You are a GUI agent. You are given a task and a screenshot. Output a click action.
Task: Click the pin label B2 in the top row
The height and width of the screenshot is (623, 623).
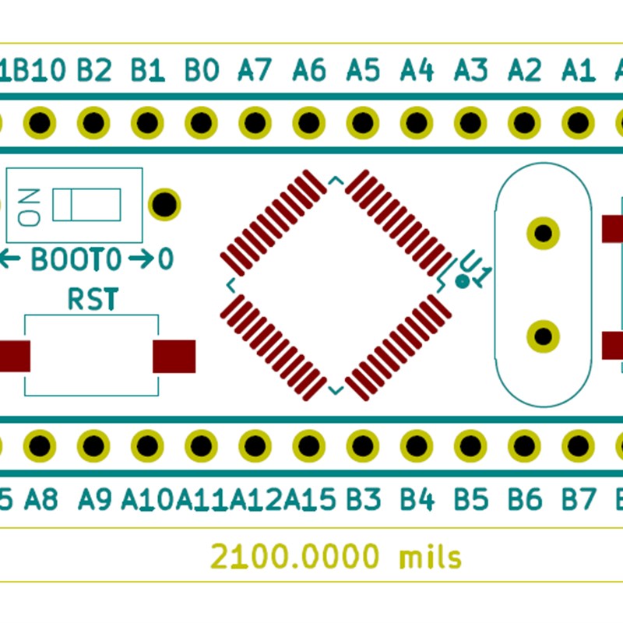[x=94, y=71]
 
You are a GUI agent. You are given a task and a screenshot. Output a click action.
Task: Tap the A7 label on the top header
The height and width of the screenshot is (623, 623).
[x=255, y=71]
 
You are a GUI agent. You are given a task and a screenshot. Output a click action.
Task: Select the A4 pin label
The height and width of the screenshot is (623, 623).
[x=417, y=71]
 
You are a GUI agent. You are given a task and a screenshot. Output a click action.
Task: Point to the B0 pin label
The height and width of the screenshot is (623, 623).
[x=201, y=71]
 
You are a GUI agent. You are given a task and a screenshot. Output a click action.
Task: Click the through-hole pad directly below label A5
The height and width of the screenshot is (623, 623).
[x=362, y=122]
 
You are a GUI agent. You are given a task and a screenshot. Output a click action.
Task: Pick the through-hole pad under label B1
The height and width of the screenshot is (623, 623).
[x=147, y=122]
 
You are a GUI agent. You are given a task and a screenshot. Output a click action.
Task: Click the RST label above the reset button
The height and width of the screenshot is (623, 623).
[x=93, y=299]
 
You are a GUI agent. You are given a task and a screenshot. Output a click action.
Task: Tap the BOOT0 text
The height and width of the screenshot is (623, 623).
[x=76, y=259]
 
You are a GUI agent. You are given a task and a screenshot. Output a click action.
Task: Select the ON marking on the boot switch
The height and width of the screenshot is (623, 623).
[x=30, y=206]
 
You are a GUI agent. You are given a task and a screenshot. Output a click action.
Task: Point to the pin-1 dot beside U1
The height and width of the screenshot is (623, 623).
[x=462, y=282]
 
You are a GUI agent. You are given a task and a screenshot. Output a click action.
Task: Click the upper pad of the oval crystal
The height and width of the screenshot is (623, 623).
[x=543, y=232]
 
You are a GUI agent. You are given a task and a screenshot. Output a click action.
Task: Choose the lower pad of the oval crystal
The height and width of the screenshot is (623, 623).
[x=543, y=336]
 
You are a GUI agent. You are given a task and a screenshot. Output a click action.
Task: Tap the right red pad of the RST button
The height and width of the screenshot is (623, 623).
[x=174, y=356]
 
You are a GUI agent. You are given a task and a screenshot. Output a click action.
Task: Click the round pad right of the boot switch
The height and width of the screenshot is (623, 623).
[x=164, y=203]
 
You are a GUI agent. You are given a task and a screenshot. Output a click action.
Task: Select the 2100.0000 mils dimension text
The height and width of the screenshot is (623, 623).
[x=336, y=558]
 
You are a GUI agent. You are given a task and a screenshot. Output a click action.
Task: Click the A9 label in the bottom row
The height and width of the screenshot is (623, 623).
[x=96, y=498]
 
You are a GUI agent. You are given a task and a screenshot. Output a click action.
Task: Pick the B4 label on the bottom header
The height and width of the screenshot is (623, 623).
[x=417, y=498]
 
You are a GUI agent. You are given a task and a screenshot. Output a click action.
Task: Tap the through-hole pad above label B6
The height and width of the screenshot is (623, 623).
[x=524, y=446]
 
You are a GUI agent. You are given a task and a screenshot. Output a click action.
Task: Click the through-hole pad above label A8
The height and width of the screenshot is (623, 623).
[x=40, y=446]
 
